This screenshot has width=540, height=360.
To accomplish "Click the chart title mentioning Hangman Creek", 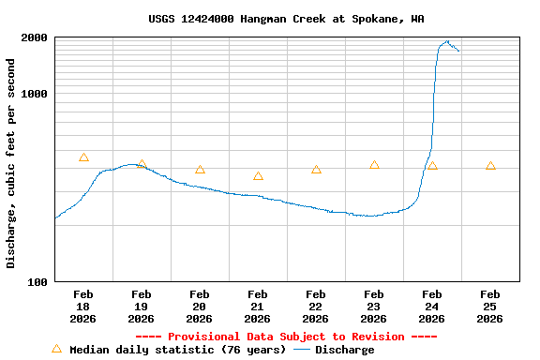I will coord(285,19).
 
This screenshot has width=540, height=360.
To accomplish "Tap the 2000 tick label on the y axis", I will coord(34,37).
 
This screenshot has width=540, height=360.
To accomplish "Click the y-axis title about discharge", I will coord(11,163).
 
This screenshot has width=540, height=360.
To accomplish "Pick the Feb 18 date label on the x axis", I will coord(82,306).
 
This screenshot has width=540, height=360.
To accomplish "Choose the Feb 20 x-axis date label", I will coord(199,306).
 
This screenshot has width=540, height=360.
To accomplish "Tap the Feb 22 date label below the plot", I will coord(315,306).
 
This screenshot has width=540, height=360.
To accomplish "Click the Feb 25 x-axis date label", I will coord(489,306).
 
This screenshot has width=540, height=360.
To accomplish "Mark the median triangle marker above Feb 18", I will coord(83,157).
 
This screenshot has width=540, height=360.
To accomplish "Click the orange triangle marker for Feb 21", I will coord(258,176).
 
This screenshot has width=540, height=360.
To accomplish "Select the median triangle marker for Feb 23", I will coord(374,165).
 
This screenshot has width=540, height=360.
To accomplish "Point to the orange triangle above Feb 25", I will coord(490,166).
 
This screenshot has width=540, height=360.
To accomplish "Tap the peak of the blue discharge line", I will coord(448,41).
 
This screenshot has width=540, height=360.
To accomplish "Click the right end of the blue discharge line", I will coord(458,51).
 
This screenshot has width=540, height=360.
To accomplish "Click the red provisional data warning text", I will coord(286,337).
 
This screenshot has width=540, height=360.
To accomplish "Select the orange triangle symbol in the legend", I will coord(56,349).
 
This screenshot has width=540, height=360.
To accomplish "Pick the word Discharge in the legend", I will coord(344,350).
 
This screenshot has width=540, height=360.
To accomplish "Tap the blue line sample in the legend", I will coord(302,350).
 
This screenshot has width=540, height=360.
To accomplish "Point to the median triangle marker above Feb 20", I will coord(200,170).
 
